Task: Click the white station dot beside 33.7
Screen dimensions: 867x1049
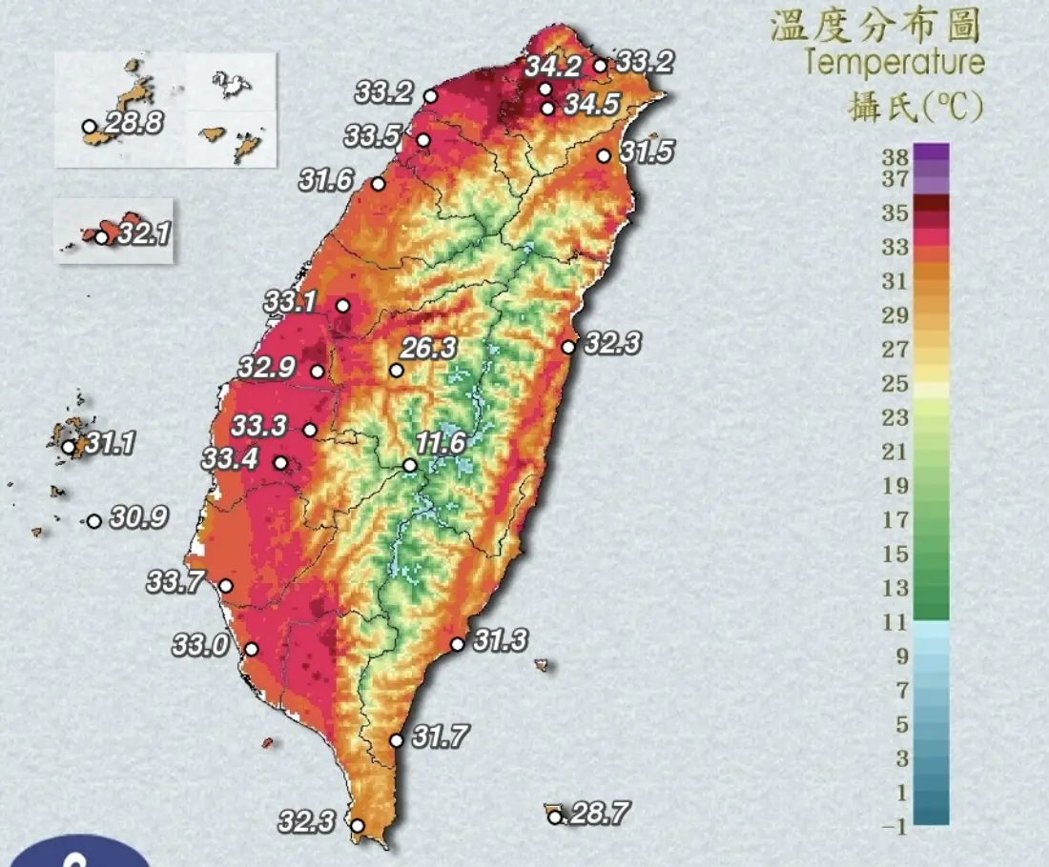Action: [x=226, y=586]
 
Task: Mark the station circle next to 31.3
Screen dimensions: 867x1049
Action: [x=457, y=644]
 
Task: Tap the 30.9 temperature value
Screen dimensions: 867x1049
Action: [x=139, y=517]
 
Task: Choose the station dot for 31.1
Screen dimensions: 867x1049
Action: [x=69, y=446]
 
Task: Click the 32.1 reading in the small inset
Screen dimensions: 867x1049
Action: [x=143, y=232]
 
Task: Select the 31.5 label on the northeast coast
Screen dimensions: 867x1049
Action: [x=646, y=151]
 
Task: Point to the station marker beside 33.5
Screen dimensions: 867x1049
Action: [x=423, y=140]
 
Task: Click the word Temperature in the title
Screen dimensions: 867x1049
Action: [x=894, y=64]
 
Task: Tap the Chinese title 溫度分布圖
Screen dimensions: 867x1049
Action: [x=874, y=26]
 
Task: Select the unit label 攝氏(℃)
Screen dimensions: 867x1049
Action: [x=915, y=108]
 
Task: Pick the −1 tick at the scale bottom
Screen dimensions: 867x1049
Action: [x=893, y=827]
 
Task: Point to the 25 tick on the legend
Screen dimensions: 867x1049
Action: [x=895, y=383]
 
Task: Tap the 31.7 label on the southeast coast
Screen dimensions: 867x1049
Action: [x=441, y=736]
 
